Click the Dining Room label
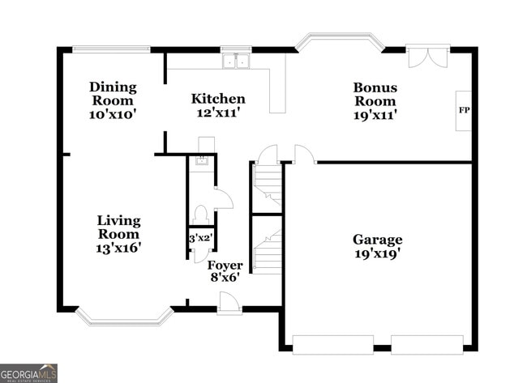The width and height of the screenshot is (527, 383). pos(113,93)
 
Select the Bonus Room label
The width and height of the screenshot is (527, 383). pos(374,94)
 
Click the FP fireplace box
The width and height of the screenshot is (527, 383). pos(464,110)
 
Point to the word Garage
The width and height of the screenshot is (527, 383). pos(377,240)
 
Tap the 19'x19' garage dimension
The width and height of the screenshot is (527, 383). pos(377,253)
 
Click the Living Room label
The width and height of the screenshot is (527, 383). pos(118,227)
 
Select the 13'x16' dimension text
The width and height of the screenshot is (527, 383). pos(118,248)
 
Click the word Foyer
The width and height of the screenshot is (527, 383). pos(225,265)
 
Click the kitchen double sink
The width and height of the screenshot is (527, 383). pos(236,61)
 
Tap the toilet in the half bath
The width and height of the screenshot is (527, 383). pos(201,215)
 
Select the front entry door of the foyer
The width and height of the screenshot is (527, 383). pos(229,303)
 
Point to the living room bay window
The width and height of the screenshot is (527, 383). pos(124,318)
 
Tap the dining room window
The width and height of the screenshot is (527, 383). pos(111,49)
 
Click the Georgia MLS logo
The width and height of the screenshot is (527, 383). pos(29,372)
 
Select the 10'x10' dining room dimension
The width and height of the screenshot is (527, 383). pos(113,114)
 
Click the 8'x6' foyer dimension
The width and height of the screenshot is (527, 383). pos(225,277)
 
